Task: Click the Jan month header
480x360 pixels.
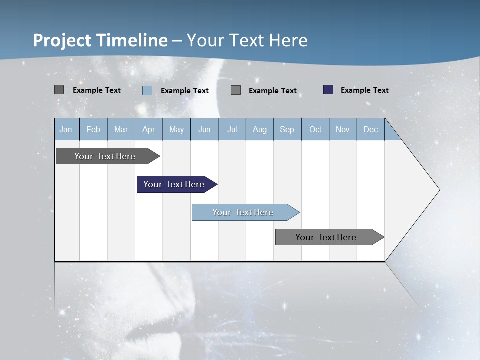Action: pyautogui.click(x=66, y=129)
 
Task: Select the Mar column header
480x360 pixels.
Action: pyautogui.click(x=121, y=129)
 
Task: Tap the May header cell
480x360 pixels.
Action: pyautogui.click(x=176, y=129)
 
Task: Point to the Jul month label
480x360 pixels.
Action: pyautogui.click(x=232, y=129)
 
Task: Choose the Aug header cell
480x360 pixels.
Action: pyautogui.click(x=259, y=129)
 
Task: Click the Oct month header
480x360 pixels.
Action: pyautogui.click(x=315, y=129)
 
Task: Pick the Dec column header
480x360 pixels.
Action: pyautogui.click(x=370, y=129)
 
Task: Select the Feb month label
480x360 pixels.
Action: pyautogui.click(x=93, y=129)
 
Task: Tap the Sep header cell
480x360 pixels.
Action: pyautogui.click(x=287, y=129)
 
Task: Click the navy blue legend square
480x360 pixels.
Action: pyautogui.click(x=328, y=90)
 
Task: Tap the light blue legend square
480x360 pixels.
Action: pyautogui.click(x=147, y=90)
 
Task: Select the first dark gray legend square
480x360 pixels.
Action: pyautogui.click(x=59, y=90)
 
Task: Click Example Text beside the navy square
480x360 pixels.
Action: pyautogui.click(x=364, y=90)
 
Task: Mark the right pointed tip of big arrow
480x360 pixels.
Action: pyautogui.click(x=439, y=190)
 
